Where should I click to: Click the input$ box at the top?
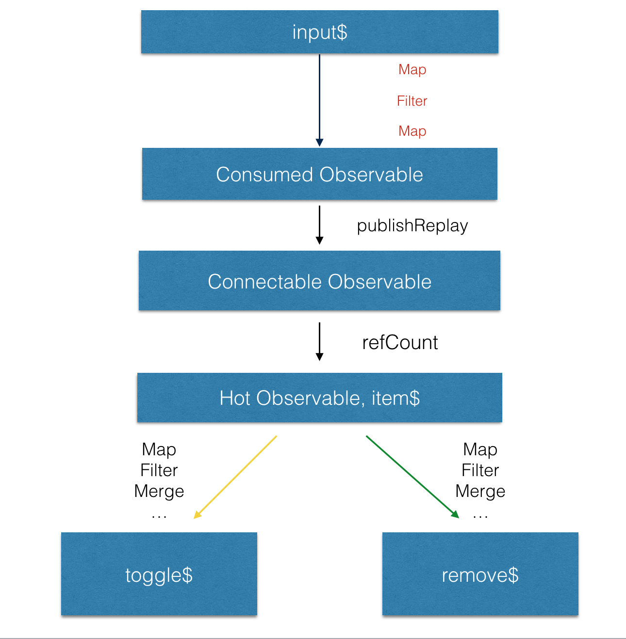(319, 32)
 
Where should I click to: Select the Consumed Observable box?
(319, 174)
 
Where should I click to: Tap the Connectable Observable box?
(319, 281)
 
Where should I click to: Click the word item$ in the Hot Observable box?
(395, 398)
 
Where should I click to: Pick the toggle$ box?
(159, 575)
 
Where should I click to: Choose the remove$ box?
(480, 575)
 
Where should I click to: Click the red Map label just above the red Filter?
(412, 70)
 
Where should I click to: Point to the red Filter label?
(412, 101)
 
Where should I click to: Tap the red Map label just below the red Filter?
(412, 131)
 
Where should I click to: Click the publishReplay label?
(412, 225)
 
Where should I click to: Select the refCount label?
(400, 342)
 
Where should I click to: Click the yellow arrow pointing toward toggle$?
(235, 477)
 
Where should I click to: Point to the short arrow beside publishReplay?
(319, 224)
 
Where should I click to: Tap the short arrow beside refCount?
(319, 341)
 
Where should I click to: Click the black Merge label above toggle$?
(159, 491)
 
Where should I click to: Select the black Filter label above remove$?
(480, 470)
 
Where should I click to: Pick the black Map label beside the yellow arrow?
(159, 449)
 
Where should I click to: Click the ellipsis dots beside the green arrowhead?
(480, 516)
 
